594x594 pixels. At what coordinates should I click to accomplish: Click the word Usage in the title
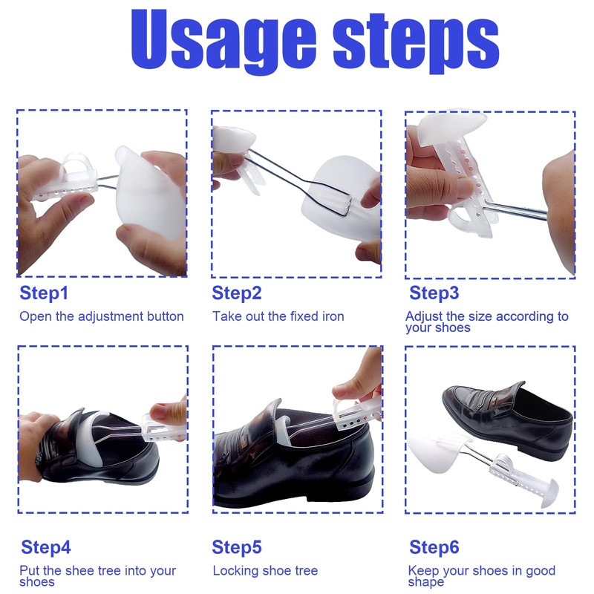(223, 41)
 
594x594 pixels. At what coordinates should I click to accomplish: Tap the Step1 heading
(44, 293)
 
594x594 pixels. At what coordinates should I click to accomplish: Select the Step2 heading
(237, 293)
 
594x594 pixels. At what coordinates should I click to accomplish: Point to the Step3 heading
(434, 293)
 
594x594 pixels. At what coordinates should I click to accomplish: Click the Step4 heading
(46, 547)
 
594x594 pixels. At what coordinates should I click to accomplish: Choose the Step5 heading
(237, 547)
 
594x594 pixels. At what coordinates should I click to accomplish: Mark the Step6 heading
(434, 547)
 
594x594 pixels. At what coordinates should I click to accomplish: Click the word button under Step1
(165, 316)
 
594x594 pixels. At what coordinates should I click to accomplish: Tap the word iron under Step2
(333, 316)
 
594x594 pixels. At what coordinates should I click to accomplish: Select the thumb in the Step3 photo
(443, 189)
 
